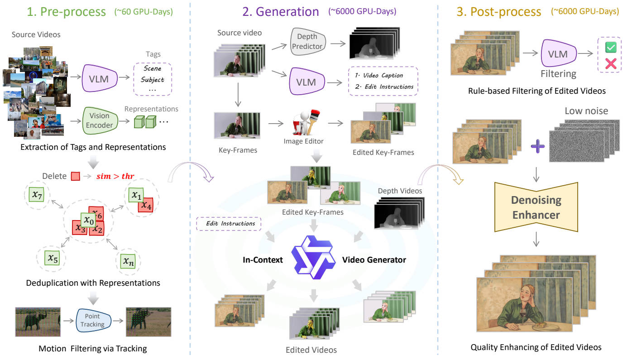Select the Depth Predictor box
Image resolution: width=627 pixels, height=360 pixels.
click(x=310, y=43)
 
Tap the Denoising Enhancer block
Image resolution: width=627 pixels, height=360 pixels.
click(x=536, y=207)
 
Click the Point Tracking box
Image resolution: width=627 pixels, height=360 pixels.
click(x=92, y=320)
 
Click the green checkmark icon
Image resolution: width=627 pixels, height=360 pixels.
click(x=610, y=48)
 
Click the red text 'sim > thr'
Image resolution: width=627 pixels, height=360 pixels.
click(x=115, y=176)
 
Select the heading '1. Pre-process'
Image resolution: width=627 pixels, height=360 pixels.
click(x=67, y=12)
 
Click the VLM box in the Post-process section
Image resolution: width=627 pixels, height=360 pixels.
click(x=558, y=54)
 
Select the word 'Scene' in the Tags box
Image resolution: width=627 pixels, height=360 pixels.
click(x=153, y=68)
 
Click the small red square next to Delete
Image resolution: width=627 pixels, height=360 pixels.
click(x=75, y=176)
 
